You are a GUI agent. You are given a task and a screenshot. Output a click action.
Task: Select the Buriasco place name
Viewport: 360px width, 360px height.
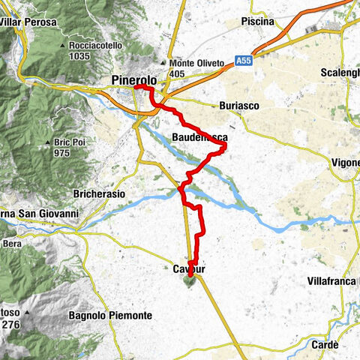[x=238, y=106]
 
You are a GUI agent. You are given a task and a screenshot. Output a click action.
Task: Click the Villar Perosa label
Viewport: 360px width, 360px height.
[x=28, y=21]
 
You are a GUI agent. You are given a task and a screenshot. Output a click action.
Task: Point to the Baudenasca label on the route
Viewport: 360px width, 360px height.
[x=197, y=137]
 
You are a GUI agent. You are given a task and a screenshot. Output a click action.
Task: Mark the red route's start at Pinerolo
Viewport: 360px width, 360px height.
[x=137, y=88]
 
